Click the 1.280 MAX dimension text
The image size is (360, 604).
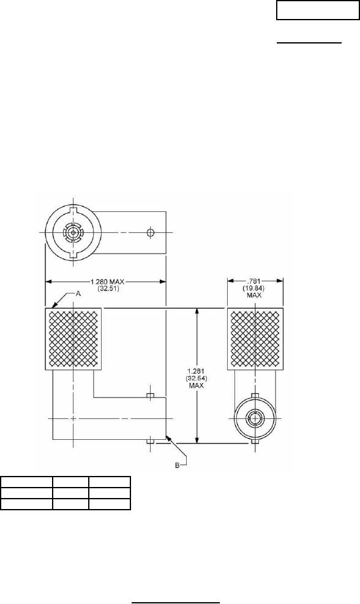(105, 282)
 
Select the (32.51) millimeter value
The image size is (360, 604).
(105, 287)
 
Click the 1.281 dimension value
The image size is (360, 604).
(196, 373)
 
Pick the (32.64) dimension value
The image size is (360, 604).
(196, 379)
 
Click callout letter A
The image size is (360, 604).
(77, 293)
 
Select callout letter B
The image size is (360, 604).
(178, 466)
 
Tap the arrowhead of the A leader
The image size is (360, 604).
(47, 307)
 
